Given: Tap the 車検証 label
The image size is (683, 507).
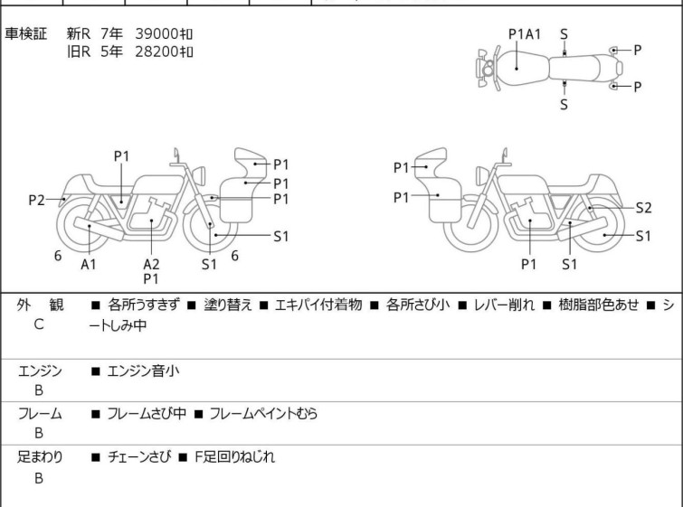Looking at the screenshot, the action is (x=25, y=33).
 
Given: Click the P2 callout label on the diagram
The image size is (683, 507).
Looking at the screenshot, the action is (x=36, y=201).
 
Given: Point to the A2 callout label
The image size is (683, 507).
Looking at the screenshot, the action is (x=151, y=264).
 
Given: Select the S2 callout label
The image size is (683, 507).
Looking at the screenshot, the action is (x=643, y=208).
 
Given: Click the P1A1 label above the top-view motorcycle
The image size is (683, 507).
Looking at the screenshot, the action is (x=525, y=34).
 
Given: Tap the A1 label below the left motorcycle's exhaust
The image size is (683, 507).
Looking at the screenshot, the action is (x=89, y=264).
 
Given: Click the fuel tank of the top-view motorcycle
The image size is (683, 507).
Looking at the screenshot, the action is (x=524, y=69).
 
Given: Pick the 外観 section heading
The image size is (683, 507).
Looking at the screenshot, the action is (x=40, y=305).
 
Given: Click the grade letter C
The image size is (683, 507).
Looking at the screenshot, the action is (x=39, y=324).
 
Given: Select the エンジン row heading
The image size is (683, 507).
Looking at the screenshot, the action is (x=40, y=371).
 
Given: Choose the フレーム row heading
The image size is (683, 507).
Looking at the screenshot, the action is (x=40, y=413).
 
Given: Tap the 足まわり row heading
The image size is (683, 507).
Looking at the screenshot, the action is (x=40, y=457).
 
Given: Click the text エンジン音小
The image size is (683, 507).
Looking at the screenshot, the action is (x=143, y=371).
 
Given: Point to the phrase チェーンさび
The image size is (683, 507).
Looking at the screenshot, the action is (x=139, y=457).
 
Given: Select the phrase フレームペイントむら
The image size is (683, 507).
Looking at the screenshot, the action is (x=263, y=413).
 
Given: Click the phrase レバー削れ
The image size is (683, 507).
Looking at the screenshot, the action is (x=504, y=305).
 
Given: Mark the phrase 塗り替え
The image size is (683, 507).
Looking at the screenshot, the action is (x=228, y=305).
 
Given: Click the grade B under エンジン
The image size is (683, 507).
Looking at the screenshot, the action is (x=39, y=390).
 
